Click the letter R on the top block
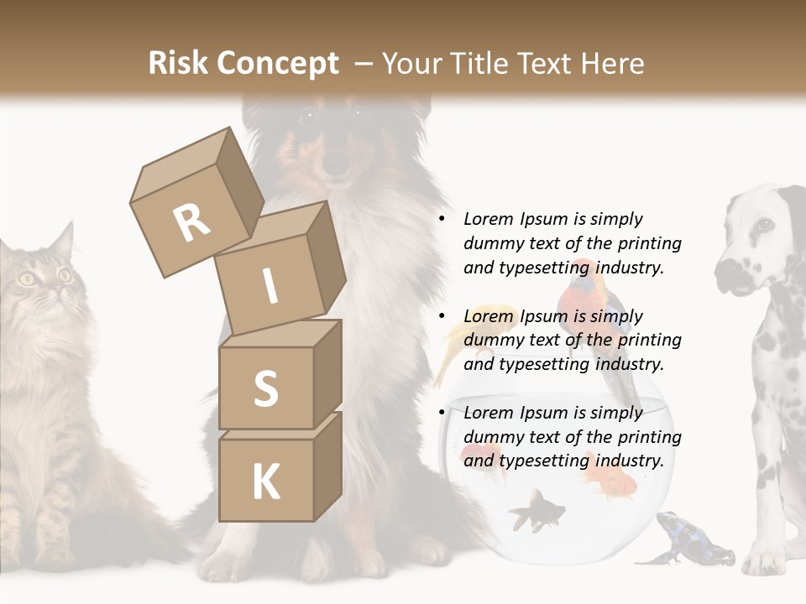point(191,223)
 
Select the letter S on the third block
point(265,388)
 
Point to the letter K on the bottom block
point(265,482)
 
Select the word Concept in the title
point(276,64)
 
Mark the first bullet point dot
point(441,220)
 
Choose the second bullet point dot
point(441,316)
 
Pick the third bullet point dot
point(441,413)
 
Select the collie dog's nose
point(336,163)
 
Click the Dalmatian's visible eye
point(763,225)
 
